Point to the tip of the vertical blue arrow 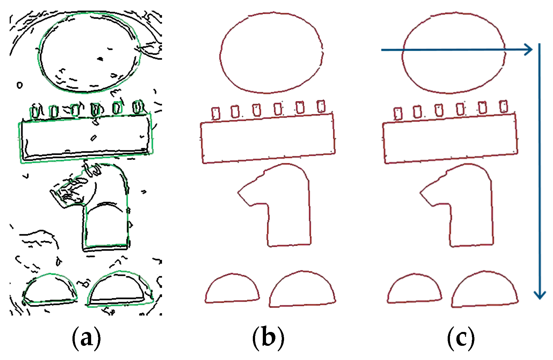point(540,297)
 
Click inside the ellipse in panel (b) point(272,53)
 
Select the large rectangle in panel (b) point(268,139)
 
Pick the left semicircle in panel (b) point(232,290)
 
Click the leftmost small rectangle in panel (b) point(216,113)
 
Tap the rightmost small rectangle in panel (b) point(321,106)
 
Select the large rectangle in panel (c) point(450,139)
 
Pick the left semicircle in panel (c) point(414,290)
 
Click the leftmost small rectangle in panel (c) point(398,113)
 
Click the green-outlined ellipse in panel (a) point(90,53)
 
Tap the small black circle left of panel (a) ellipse point(20,85)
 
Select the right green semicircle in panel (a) point(120,290)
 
